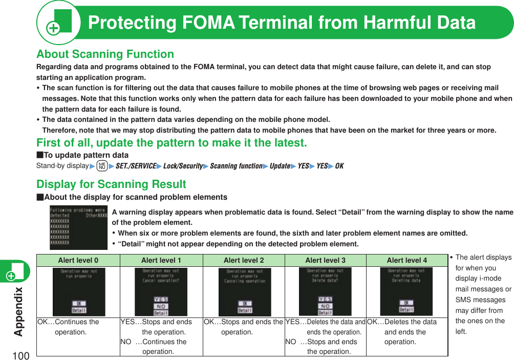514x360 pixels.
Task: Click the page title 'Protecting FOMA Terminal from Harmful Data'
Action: click(x=282, y=23)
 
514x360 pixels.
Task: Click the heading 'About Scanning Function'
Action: click(x=105, y=54)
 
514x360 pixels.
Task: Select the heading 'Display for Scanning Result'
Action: click(x=111, y=184)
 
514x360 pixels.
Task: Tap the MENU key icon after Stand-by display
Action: click(x=102, y=166)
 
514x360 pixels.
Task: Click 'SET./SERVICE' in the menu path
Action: click(x=135, y=166)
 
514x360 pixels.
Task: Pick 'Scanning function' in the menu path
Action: click(x=236, y=166)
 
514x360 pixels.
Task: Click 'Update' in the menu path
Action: click(x=280, y=166)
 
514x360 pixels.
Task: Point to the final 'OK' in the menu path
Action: click(x=339, y=166)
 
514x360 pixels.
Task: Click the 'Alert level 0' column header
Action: click(x=78, y=260)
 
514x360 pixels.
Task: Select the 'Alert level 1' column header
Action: click(x=161, y=260)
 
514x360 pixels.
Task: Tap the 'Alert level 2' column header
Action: click(x=244, y=260)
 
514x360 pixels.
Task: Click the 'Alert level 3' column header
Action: click(x=325, y=260)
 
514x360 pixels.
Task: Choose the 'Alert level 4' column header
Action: click(x=406, y=260)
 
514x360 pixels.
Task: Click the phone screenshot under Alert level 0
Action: click(x=79, y=292)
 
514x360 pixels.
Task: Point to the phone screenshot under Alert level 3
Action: click(x=325, y=292)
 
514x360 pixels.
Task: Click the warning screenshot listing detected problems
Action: click(x=78, y=227)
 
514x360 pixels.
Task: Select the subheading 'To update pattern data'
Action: click(x=82, y=155)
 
